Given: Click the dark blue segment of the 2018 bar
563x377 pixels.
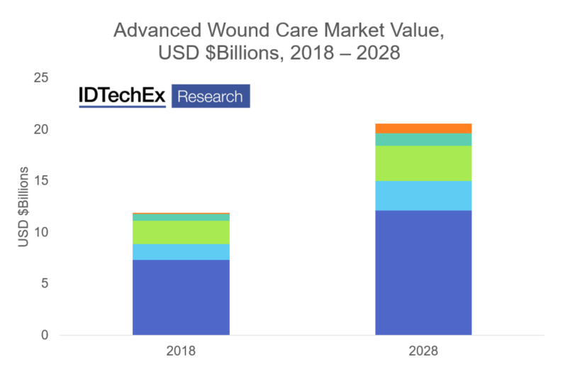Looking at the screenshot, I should (181, 297).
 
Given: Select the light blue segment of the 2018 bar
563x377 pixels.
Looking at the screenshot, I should (181, 252).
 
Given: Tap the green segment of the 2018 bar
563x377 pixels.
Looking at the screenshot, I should (181, 232).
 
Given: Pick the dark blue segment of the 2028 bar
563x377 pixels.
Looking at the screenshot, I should (423, 272).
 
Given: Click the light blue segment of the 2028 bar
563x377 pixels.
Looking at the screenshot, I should (423, 195).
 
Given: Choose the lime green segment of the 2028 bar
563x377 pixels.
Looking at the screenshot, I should (423, 163).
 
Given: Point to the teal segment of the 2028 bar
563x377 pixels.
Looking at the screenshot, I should (423, 139).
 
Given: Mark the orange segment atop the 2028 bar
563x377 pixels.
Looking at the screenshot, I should (423, 129).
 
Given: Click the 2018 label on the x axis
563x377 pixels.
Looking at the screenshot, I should (181, 351).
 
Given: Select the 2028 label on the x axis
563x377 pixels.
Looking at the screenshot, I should (423, 351).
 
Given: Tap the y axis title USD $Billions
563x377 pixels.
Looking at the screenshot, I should (23, 207).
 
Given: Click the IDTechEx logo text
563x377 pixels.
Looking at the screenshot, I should (122, 97).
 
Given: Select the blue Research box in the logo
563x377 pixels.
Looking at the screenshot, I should (210, 97).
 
